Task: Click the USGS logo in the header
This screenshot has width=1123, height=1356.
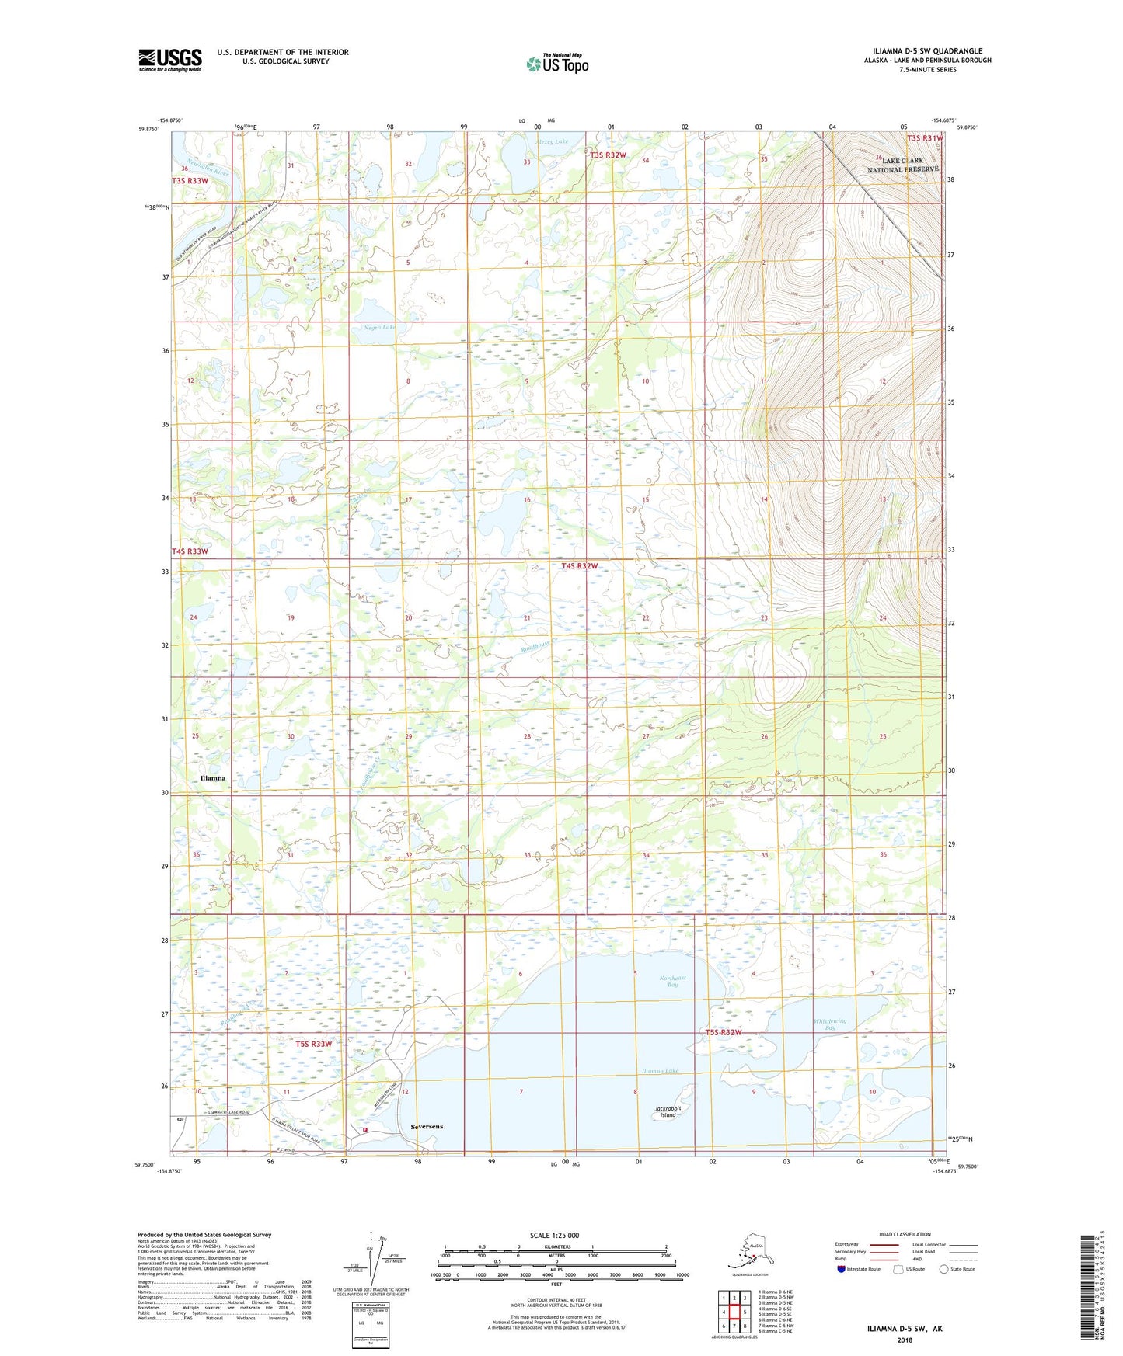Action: (169, 60)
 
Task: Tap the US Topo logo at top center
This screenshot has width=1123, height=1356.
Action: (557, 63)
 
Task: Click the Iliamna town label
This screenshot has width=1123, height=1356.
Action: (212, 777)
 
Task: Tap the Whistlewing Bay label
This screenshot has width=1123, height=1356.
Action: (830, 1024)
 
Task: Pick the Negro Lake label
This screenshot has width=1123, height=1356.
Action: (380, 328)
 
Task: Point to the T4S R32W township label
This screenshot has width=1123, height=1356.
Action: (580, 566)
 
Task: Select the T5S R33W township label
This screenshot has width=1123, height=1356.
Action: (313, 1044)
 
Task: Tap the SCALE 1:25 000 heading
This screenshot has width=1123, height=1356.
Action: (554, 1235)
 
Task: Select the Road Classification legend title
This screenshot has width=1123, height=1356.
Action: (905, 1234)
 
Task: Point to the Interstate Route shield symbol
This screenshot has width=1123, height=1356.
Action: (842, 1269)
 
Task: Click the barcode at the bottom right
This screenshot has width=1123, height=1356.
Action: (1090, 1290)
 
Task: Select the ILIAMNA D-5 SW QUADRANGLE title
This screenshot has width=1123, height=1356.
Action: (927, 51)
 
